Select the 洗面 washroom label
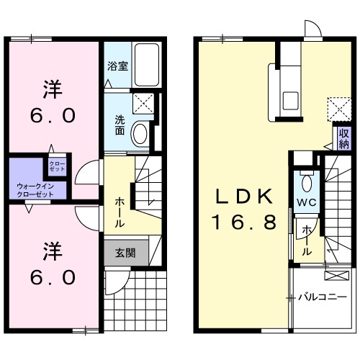[x=120, y=125]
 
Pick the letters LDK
[x=243, y=196]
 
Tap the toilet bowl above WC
[x=305, y=180]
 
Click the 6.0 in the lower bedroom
[x=52, y=276]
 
